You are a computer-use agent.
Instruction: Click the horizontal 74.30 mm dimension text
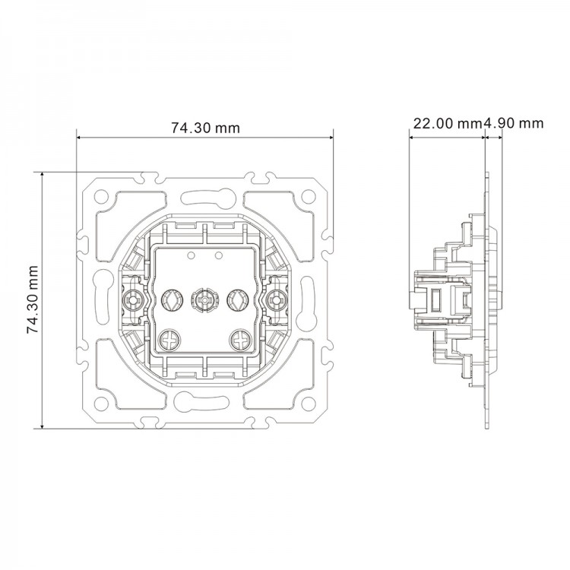click(x=204, y=128)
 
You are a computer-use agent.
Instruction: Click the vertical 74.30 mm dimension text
click(x=32, y=299)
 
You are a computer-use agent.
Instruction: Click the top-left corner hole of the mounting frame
click(x=101, y=195)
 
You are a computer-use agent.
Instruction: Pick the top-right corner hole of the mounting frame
click(x=308, y=195)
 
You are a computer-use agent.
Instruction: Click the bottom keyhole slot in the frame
click(x=204, y=402)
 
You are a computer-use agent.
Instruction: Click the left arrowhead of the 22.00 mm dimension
click(x=412, y=138)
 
